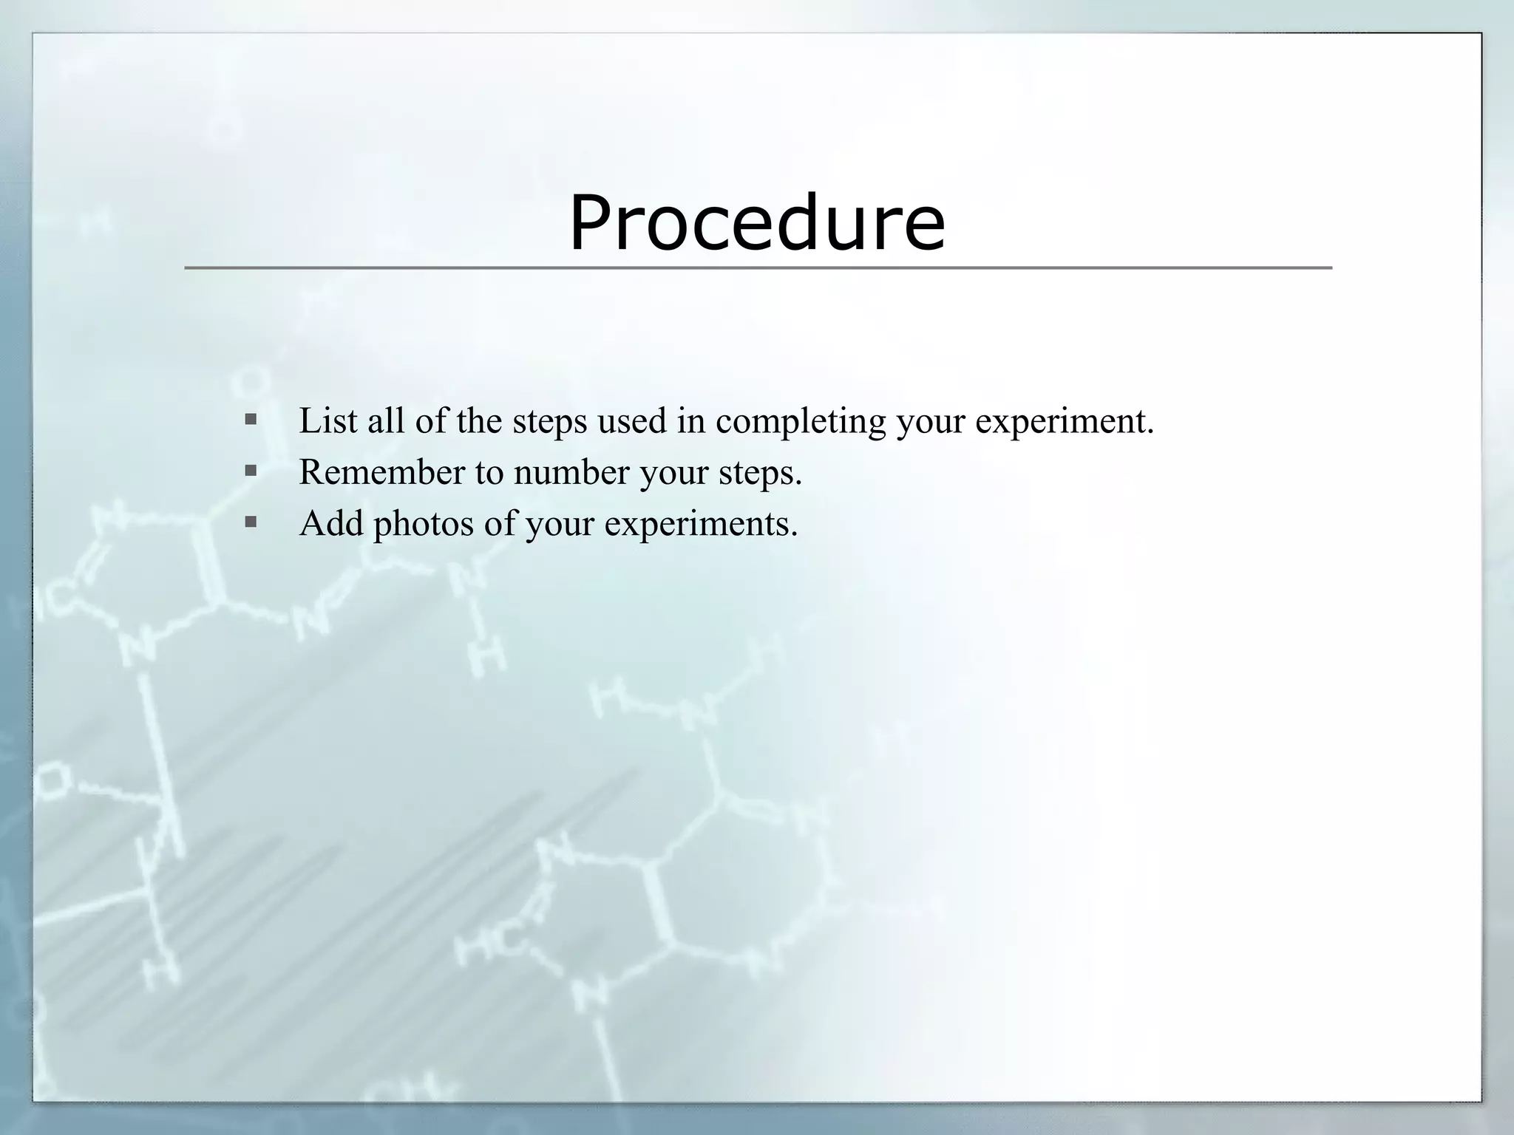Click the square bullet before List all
pos(251,420)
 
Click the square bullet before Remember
pos(251,470)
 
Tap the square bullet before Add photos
pos(251,522)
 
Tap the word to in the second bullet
pos(489,473)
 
